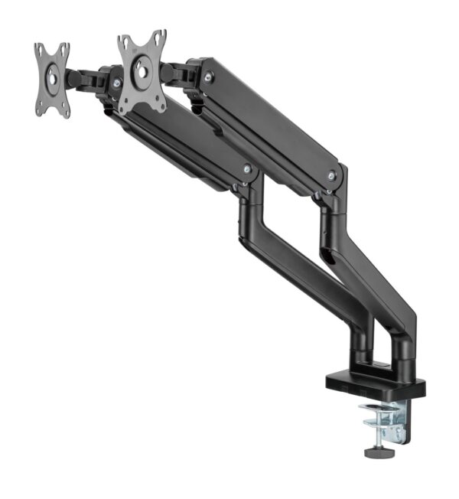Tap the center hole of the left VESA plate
tap(51, 77)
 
